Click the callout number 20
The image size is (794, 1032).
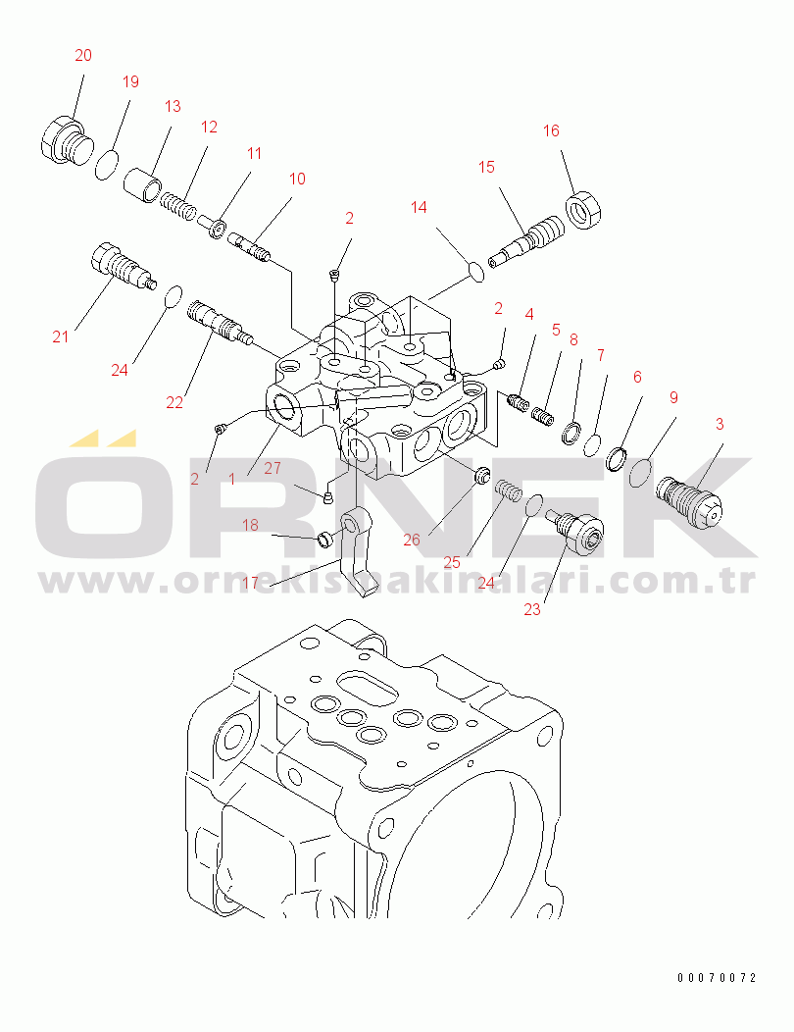click(83, 56)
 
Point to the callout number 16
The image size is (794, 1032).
click(551, 131)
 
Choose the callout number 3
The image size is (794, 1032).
click(720, 424)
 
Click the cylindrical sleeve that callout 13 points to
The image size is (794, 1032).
click(142, 184)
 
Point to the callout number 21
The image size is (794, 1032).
click(61, 337)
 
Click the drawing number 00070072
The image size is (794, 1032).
click(718, 978)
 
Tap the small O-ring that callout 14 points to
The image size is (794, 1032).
click(474, 270)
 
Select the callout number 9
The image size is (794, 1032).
click(673, 397)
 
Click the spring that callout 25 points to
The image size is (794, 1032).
click(506, 488)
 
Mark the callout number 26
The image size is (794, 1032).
click(411, 540)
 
